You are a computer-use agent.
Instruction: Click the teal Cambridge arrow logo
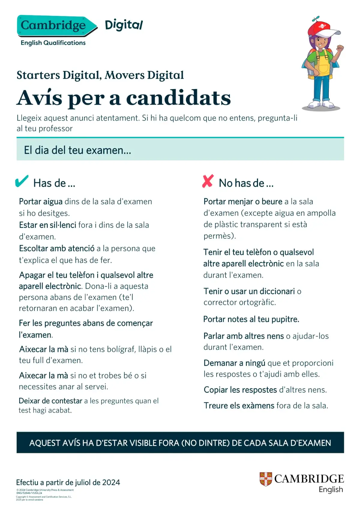(55, 26)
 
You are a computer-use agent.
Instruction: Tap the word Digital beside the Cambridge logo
(124, 25)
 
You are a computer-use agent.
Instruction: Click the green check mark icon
(22, 181)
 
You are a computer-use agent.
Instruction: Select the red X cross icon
(208, 181)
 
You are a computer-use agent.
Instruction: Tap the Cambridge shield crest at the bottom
(265, 479)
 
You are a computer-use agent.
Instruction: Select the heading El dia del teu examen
(77, 150)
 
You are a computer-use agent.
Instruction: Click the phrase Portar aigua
(41, 202)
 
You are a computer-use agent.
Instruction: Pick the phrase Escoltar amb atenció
(57, 249)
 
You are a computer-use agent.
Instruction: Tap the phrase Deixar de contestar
(50, 401)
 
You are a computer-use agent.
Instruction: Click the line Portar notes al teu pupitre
(251, 319)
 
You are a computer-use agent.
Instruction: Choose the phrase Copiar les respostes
(240, 390)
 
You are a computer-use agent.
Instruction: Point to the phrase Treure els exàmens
(239, 406)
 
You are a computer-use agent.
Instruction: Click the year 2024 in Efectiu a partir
(111, 483)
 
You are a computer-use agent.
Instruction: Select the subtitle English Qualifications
(53, 43)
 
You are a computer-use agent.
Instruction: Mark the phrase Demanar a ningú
(234, 363)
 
